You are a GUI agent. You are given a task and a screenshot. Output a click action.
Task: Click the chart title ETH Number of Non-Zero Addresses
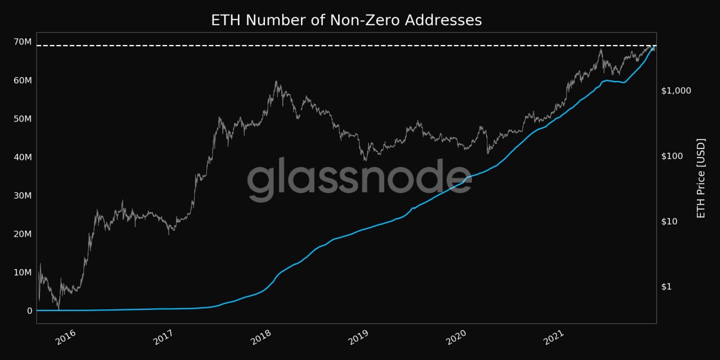346,20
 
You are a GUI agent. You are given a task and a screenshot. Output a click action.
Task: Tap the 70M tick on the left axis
22,42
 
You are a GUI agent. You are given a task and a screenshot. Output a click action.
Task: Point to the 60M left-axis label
22,80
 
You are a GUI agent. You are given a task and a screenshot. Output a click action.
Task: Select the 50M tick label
22,119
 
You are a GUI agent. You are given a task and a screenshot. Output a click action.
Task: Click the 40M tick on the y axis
22,157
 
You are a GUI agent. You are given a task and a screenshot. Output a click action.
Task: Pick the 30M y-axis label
22,196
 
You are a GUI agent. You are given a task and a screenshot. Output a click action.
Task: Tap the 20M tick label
22,234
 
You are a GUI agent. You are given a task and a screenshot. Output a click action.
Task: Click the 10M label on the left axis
22,272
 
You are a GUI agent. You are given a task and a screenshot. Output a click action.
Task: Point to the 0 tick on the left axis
30,310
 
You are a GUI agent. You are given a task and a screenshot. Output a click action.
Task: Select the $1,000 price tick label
676,91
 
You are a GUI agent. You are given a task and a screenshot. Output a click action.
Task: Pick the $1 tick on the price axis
667,286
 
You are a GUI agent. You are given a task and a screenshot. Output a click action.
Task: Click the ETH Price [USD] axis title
701,178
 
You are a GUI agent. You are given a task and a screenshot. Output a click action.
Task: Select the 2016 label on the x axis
66,337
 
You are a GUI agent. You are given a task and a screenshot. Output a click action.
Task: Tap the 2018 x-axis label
262,337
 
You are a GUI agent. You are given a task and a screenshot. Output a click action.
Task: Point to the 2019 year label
358,337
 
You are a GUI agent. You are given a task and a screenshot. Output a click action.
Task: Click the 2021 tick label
553,337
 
